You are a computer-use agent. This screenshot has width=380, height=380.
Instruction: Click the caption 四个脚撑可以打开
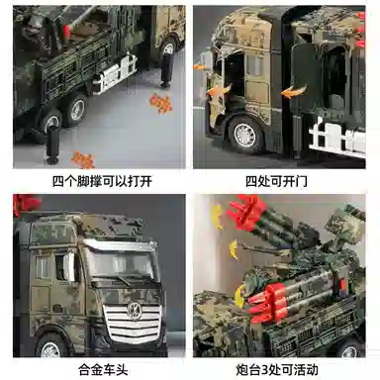click(x=102, y=181)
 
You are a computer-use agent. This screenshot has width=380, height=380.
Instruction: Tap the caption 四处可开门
click(x=276, y=181)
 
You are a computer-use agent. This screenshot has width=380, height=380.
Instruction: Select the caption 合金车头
click(x=103, y=370)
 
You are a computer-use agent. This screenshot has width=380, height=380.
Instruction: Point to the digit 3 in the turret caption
click(x=264, y=370)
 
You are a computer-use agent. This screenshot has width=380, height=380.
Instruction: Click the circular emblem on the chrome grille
click(x=134, y=311)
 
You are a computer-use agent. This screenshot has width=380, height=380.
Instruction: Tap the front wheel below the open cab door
click(x=244, y=136)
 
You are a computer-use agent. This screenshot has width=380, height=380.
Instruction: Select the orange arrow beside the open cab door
click(x=219, y=91)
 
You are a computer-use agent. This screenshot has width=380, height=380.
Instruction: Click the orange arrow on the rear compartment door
click(x=294, y=92)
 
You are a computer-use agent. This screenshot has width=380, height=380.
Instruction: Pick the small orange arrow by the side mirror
click(x=199, y=67)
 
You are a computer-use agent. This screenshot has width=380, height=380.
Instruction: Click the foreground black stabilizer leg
click(x=52, y=144)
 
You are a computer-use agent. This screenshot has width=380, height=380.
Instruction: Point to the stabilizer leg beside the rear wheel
click(x=167, y=70)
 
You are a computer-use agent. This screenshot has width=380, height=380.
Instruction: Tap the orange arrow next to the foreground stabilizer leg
click(x=83, y=159)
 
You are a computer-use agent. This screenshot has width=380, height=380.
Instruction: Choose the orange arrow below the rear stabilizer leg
click(x=161, y=104)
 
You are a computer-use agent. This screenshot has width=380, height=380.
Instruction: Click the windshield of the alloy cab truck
click(x=121, y=262)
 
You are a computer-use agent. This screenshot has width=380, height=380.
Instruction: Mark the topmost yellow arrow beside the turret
click(x=217, y=217)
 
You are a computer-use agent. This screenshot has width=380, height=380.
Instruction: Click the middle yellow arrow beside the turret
click(x=234, y=248)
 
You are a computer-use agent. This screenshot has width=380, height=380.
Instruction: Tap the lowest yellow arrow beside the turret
click(x=239, y=294)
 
